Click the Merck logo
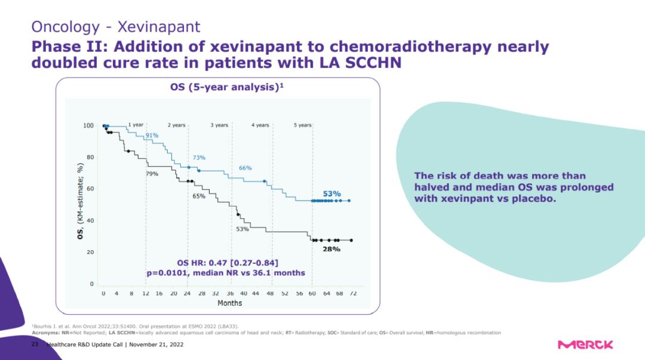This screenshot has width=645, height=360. point(585,344)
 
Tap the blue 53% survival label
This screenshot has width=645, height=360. point(332,193)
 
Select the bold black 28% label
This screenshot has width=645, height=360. point(332,248)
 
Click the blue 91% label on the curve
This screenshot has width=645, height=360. point(152,136)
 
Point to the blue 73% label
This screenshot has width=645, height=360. point(199,158)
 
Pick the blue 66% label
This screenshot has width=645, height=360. point(245,168)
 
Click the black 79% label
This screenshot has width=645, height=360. point(152,174)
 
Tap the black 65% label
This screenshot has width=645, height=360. point(199,196)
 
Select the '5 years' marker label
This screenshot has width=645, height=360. point(303,125)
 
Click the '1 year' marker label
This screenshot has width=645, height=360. point(136,125)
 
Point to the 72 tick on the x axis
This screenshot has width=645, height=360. point(353,294)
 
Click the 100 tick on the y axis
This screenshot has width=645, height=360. point(88,126)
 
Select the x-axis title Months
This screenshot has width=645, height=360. point(229,303)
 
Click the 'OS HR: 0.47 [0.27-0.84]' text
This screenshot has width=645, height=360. point(228,263)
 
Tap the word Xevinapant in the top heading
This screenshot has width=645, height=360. point(159,27)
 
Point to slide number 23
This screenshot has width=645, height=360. point(34,345)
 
